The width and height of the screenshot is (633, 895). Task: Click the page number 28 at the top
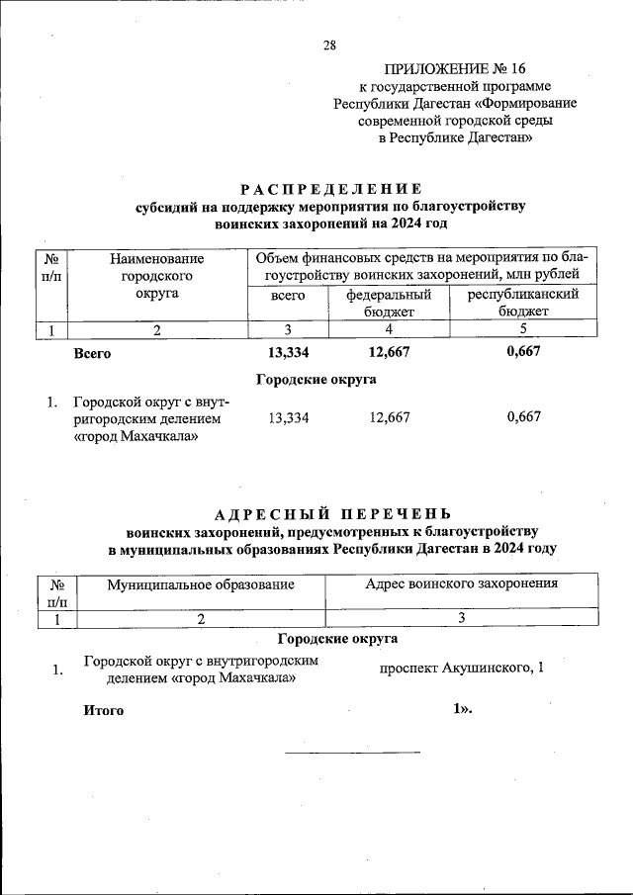click(329, 45)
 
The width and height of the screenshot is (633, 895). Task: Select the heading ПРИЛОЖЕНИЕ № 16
click(455, 68)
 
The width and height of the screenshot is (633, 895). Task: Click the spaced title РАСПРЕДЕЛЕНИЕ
click(331, 189)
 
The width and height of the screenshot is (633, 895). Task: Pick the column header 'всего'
click(288, 296)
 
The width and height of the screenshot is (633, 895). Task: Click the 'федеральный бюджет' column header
click(389, 304)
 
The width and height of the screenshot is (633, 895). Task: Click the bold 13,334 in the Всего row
click(289, 352)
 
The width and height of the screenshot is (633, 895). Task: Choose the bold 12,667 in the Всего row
click(389, 352)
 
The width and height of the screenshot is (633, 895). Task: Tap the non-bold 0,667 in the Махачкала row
click(523, 417)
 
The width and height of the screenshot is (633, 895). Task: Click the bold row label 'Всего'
click(92, 353)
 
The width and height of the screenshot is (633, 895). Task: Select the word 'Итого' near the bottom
click(104, 710)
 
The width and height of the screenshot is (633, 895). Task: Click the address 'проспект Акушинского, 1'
click(462, 668)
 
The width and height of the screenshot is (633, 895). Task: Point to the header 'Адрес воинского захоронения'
click(461, 583)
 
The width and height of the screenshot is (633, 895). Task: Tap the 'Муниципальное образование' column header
click(201, 584)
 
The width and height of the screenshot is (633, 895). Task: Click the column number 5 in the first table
click(522, 329)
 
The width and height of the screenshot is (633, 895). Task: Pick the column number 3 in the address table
click(461, 618)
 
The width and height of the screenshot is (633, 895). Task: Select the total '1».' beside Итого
click(462, 709)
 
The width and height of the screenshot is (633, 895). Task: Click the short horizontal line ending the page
click(352, 753)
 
